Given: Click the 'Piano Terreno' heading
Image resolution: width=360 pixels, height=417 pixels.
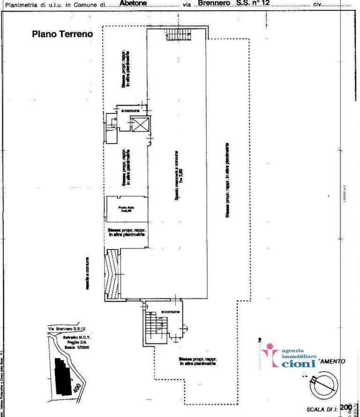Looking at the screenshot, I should click(x=62, y=34).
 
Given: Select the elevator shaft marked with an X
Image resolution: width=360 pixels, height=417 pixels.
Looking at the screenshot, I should click(x=140, y=124).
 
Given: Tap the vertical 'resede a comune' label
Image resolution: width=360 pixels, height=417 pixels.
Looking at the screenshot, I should click(x=88, y=273).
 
